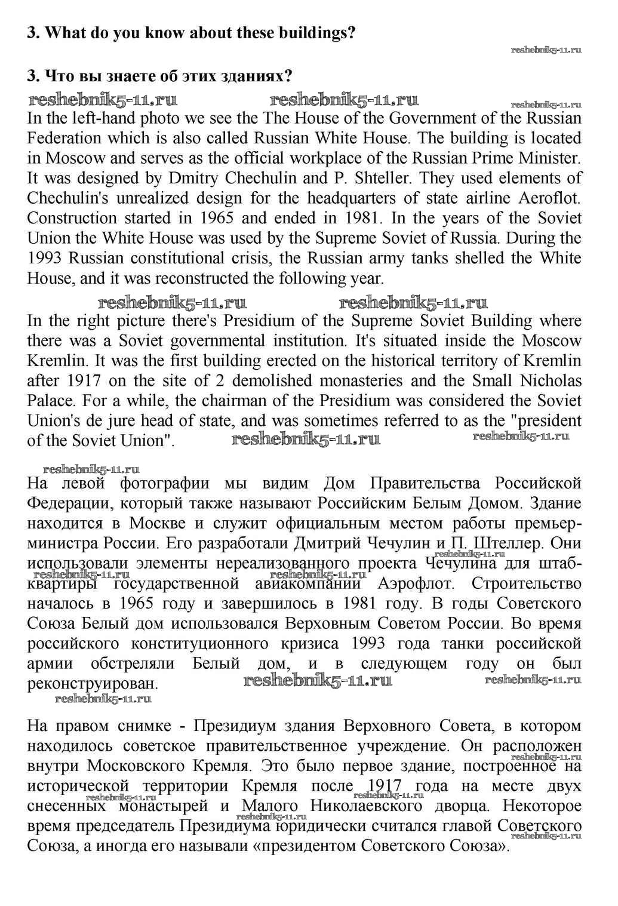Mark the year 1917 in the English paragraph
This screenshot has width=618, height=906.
[x=84, y=381]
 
